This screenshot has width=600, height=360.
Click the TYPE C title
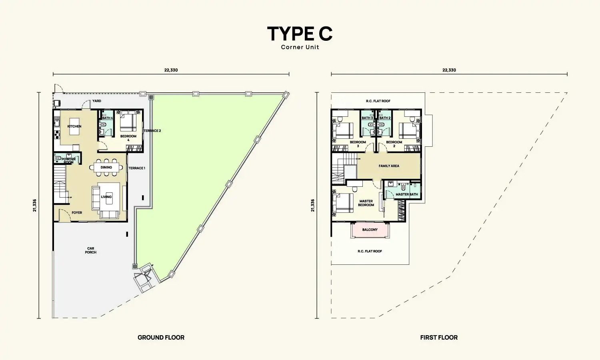(x=300, y=34)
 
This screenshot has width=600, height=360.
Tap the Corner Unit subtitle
(x=300, y=47)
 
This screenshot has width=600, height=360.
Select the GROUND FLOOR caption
(x=161, y=338)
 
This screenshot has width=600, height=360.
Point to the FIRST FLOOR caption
(x=439, y=338)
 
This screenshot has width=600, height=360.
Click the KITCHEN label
(x=74, y=126)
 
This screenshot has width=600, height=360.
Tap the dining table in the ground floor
(x=106, y=168)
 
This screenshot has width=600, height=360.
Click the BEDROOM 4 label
(x=128, y=138)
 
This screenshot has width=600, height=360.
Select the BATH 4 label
(x=108, y=118)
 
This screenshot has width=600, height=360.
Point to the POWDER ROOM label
(x=68, y=161)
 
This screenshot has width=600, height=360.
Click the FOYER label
(x=77, y=213)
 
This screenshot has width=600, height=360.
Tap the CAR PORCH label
(x=90, y=250)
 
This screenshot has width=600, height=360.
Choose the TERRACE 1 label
(x=137, y=168)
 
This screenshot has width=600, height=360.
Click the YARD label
(x=97, y=101)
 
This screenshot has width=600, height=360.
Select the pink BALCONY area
(x=370, y=230)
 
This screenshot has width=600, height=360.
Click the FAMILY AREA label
(x=389, y=166)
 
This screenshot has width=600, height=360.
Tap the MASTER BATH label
(x=407, y=194)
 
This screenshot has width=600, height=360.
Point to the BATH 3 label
(x=367, y=118)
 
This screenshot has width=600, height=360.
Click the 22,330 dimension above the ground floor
(x=171, y=70)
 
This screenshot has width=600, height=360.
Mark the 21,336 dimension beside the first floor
(x=312, y=206)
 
